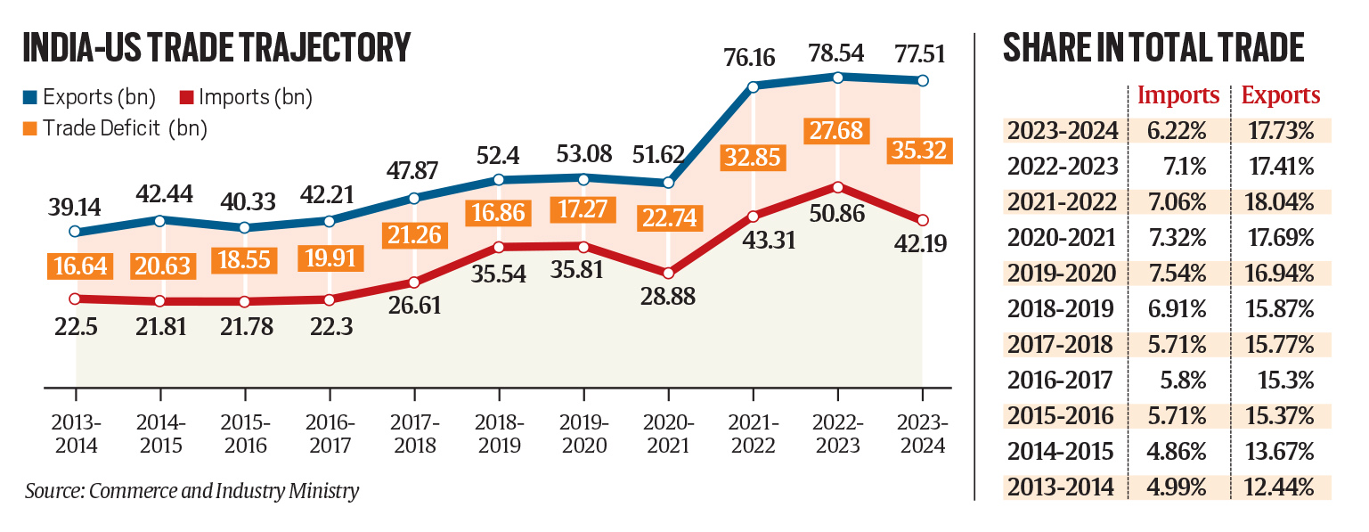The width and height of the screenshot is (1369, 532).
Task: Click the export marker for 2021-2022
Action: pyautogui.click(x=753, y=86)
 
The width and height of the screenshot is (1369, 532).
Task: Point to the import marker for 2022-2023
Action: pyautogui.click(x=837, y=187)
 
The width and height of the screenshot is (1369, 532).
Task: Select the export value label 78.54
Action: pyautogui.click(x=837, y=52)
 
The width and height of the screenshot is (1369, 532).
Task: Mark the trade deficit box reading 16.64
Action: pyautogui.click(x=76, y=265)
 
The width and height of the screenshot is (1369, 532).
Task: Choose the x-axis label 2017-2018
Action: pyautogui.click(x=414, y=434)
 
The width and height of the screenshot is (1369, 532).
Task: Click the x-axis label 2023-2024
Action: pyautogui.click(x=922, y=434)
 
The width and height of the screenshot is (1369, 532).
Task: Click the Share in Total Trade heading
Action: pyautogui.click(x=1154, y=48)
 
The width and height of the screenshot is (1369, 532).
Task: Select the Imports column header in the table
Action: pyautogui.click(x=1179, y=95)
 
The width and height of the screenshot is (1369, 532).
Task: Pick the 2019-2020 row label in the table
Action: pyautogui.click(x=1061, y=273)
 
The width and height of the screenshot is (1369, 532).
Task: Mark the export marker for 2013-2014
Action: pyautogui.click(x=76, y=232)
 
